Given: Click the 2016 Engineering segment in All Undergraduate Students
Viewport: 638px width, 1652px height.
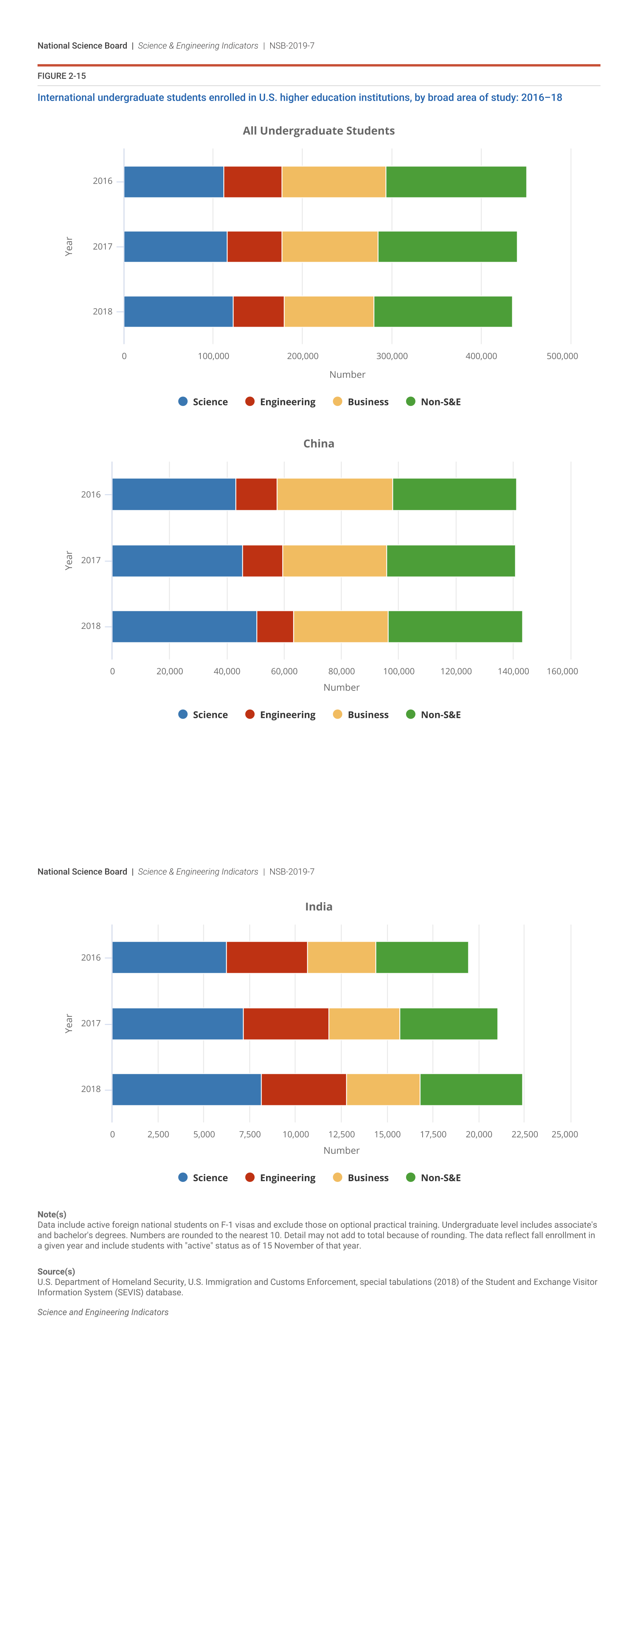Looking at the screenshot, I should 253,182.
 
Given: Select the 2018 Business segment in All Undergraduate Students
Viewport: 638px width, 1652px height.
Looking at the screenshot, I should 329,312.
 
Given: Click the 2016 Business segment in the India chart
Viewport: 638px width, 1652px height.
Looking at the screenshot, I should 341,957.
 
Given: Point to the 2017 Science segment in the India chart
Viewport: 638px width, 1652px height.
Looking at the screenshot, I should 178,1023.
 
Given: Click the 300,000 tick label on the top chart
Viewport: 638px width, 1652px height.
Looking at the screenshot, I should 392,356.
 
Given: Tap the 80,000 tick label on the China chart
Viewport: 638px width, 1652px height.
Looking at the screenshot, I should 341,671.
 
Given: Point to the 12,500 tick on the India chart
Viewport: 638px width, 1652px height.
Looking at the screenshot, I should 341,1135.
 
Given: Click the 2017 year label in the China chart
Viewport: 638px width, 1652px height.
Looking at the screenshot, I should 91,561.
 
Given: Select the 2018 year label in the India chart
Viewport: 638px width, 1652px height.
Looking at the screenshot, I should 91,1089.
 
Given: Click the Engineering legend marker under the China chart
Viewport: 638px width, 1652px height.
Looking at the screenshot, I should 250,714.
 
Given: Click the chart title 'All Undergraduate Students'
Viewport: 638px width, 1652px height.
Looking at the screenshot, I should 319,131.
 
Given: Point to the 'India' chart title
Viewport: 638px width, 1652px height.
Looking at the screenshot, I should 319,907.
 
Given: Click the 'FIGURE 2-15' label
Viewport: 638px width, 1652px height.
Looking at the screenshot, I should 62,76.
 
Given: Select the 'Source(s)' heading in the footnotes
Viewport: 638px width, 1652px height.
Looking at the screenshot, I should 56,1272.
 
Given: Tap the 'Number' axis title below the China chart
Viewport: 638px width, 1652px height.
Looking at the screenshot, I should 341,687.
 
